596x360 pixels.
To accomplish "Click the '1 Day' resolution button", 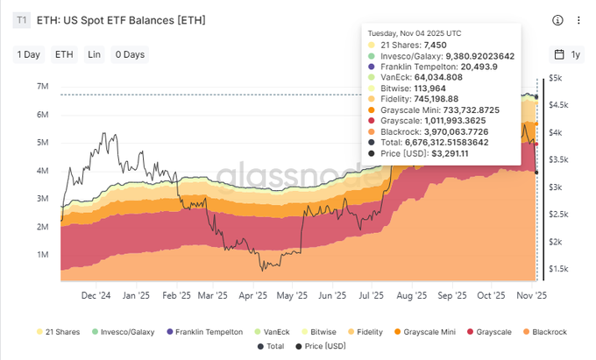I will [x=29, y=54].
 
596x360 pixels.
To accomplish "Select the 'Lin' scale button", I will [x=94, y=54].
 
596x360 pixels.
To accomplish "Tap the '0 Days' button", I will [x=129, y=54].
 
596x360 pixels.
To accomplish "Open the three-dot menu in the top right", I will [x=578, y=20].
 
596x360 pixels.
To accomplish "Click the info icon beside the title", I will [x=558, y=20].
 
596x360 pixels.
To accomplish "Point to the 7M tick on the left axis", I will [x=42, y=87].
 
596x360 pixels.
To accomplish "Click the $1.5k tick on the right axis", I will [x=559, y=269].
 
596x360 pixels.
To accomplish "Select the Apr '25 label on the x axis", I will [x=252, y=296].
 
